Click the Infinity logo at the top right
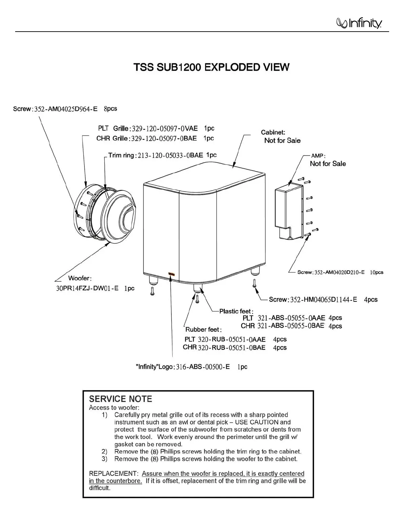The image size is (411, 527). tap(359, 23)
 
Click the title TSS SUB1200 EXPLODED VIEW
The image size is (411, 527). tap(211, 67)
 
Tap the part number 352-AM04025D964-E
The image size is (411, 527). tap(66, 109)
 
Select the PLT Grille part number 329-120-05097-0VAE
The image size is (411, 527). tap(165, 128)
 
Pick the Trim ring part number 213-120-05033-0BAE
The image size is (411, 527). tap(170, 155)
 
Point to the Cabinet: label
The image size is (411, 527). tap(273, 133)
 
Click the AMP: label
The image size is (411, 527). tap(318, 156)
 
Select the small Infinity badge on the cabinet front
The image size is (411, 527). tap(171, 274)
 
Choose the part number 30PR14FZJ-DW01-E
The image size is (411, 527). tap(87, 289)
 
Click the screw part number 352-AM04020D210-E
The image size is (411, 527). tap(339, 272)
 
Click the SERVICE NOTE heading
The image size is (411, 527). tap(121, 399)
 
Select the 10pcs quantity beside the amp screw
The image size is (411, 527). tap(377, 272)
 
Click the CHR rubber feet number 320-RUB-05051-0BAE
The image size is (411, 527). tap(232, 348)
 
